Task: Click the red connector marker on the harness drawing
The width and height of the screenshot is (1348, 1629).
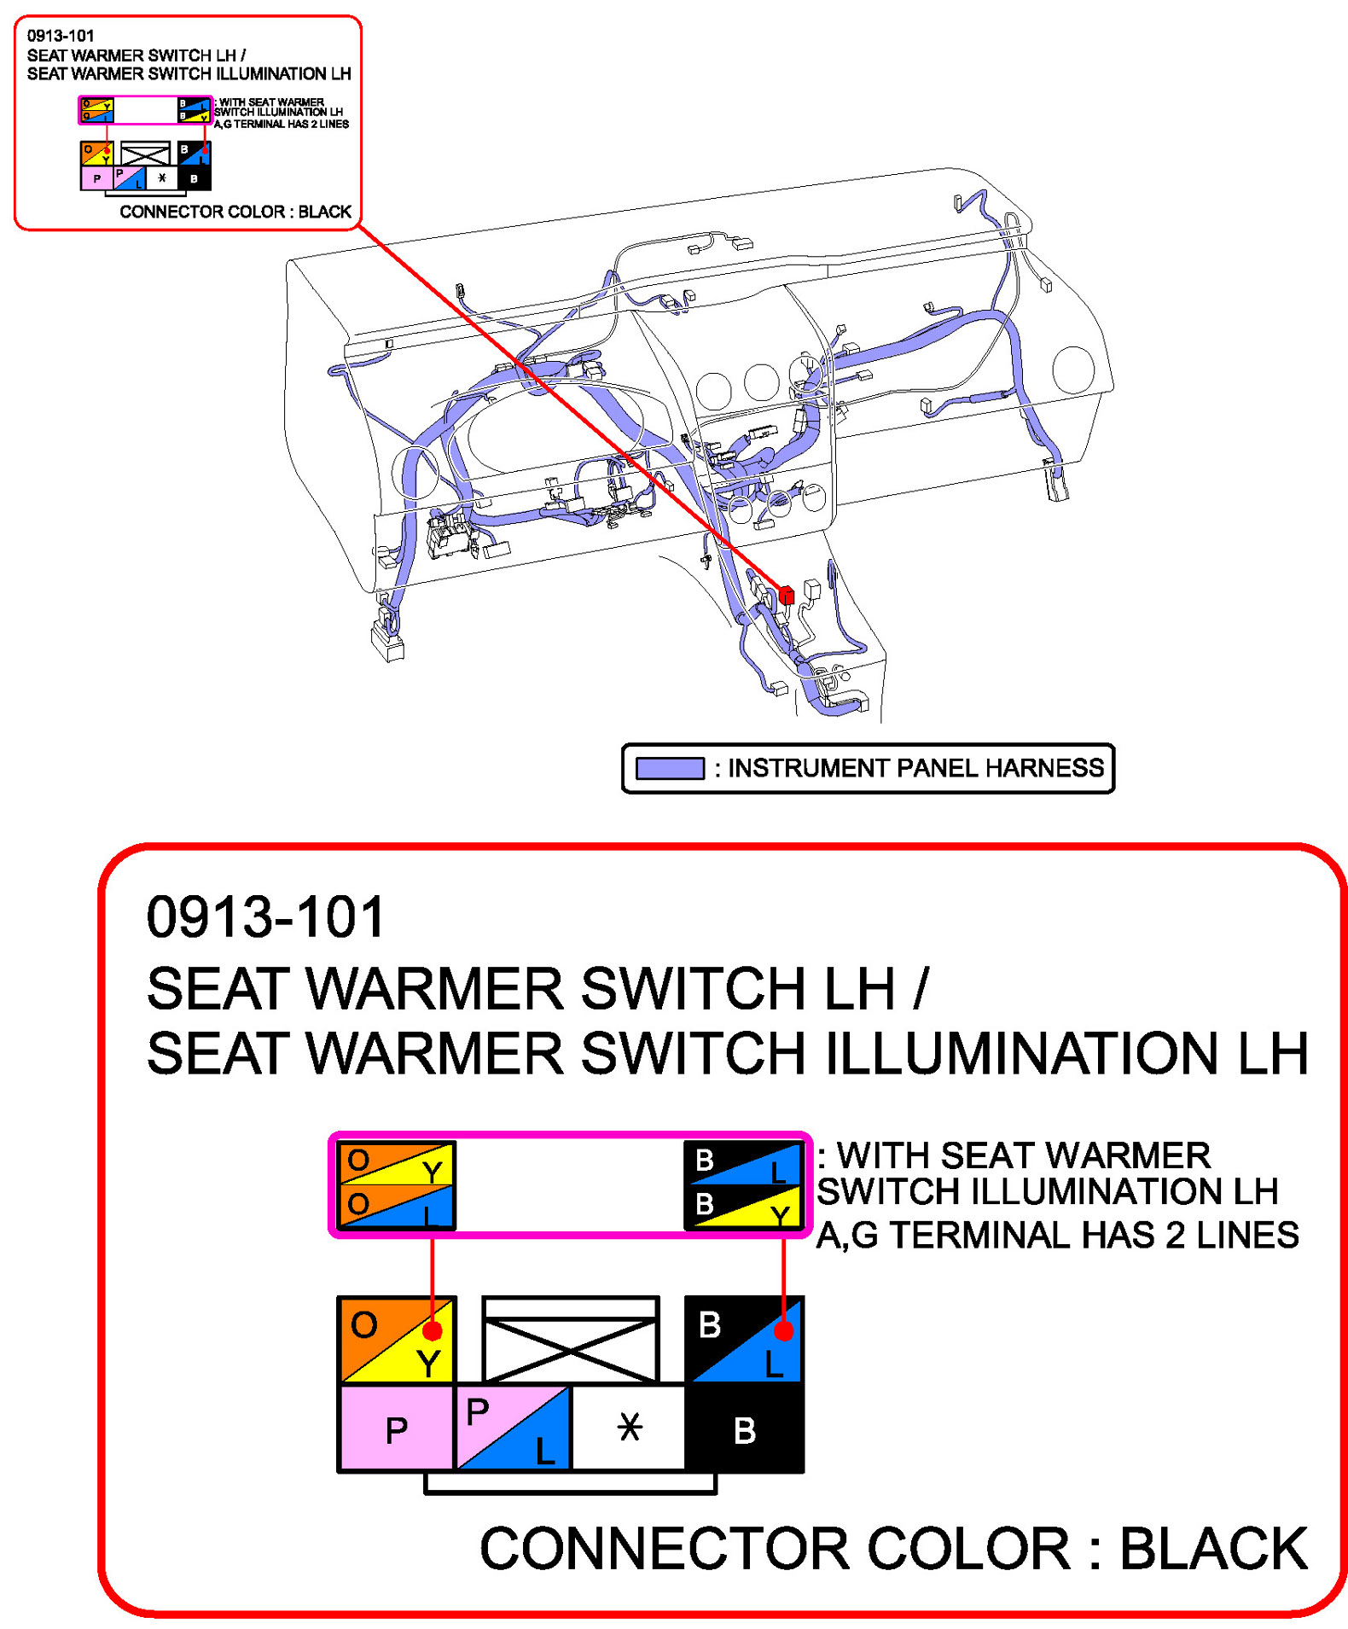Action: pos(786,595)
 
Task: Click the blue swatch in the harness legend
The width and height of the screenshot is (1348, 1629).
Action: pos(669,767)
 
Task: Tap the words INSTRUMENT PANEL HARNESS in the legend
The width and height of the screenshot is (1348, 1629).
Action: pos(915,767)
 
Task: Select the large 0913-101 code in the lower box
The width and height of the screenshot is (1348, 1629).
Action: pos(265,916)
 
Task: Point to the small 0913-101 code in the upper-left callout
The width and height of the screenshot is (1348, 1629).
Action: pos(60,35)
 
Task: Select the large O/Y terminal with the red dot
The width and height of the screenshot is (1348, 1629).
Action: pos(397,1338)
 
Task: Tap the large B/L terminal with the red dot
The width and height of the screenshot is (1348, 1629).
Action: pos(744,1338)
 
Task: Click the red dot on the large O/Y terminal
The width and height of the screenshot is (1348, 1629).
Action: pos(432,1329)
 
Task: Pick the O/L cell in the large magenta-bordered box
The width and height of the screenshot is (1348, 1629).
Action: pos(397,1205)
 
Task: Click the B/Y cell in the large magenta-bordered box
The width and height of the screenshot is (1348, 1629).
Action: pos(743,1205)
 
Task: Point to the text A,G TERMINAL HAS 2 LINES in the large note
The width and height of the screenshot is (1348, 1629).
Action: pos(1056,1234)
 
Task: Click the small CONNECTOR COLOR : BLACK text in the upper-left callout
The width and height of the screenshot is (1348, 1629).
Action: pos(235,211)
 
